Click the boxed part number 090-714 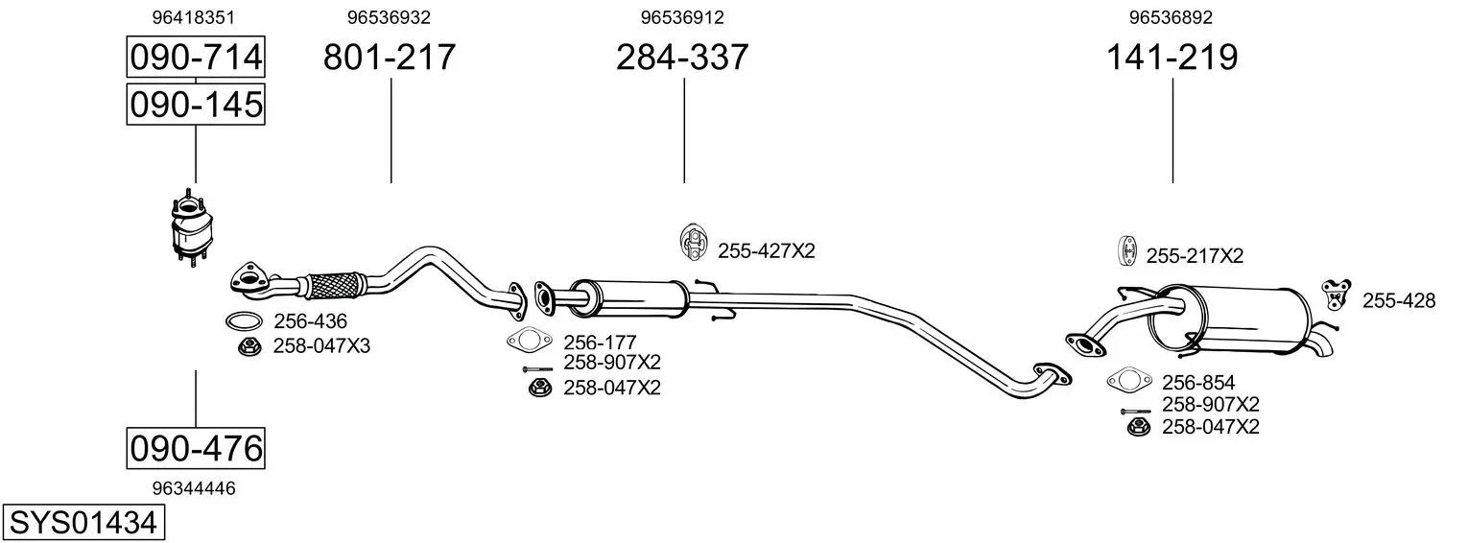pyautogui.click(x=196, y=57)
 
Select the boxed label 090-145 pyautogui.click(x=196, y=105)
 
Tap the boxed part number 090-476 pyautogui.click(x=196, y=449)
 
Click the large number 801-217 pyautogui.click(x=390, y=57)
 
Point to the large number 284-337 pyautogui.click(x=682, y=57)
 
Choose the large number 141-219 pyautogui.click(x=1172, y=57)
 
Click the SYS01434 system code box pyautogui.click(x=83, y=523)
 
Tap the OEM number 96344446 pyautogui.click(x=193, y=488)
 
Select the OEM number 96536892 pyautogui.click(x=1171, y=17)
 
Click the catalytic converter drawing pyautogui.click(x=191, y=228)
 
